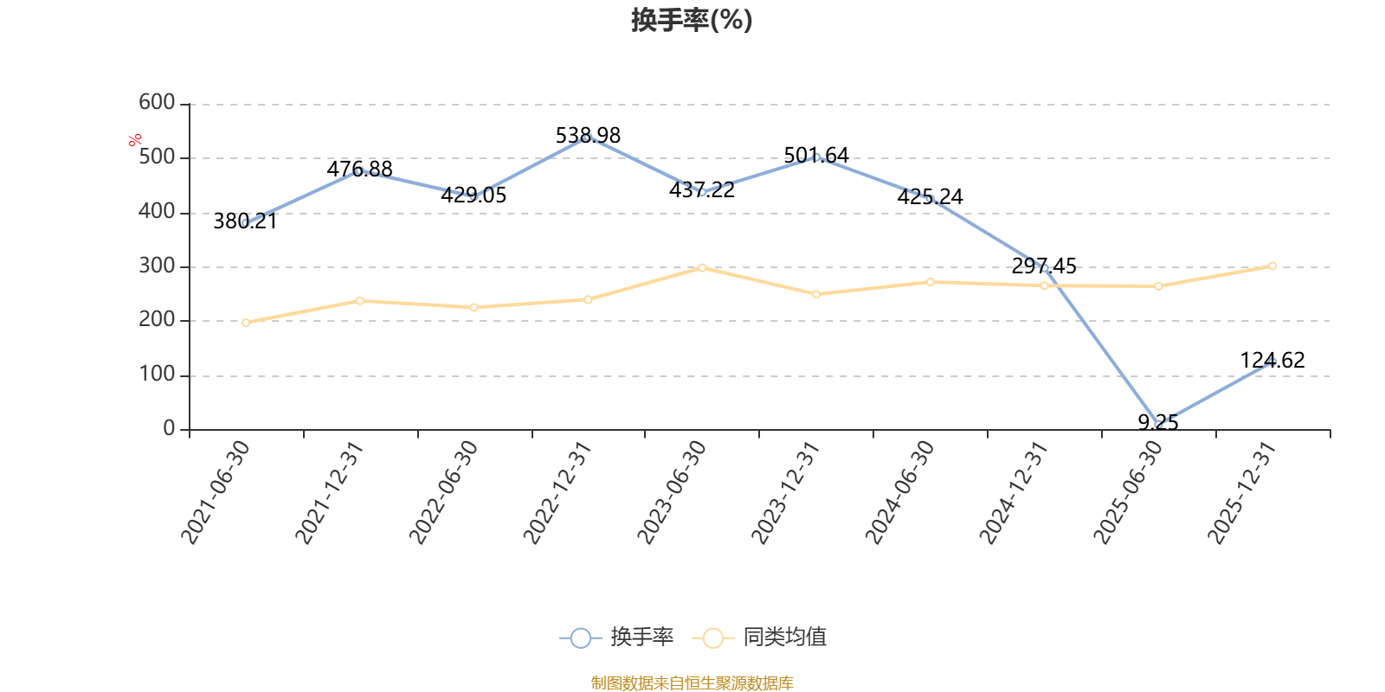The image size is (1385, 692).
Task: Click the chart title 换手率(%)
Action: click(692, 20)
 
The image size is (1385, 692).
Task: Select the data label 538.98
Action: click(588, 135)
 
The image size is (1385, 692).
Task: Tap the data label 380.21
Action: click(246, 221)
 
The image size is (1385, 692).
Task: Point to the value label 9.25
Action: click(1158, 423)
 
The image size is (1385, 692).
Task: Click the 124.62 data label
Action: click(1272, 360)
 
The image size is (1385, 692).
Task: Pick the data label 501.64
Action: click(816, 155)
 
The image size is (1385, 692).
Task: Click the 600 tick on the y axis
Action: click(157, 102)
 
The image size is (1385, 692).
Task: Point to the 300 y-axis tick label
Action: click(157, 266)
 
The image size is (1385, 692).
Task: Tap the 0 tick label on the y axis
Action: click(169, 428)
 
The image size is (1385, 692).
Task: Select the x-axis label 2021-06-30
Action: click(216, 492)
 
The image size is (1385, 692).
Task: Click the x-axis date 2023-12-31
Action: click(786, 492)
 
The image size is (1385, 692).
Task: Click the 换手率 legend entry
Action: click(616, 637)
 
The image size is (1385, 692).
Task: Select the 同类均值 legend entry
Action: click(759, 637)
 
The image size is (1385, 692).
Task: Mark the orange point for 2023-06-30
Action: click(702, 268)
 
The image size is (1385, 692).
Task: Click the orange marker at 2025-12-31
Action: click(1272, 266)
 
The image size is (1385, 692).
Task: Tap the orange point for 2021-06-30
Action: click(246, 323)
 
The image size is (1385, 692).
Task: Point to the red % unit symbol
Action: click(135, 140)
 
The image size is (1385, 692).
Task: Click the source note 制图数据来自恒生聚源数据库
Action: click(692, 682)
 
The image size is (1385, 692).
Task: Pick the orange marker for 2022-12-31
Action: click(588, 299)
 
